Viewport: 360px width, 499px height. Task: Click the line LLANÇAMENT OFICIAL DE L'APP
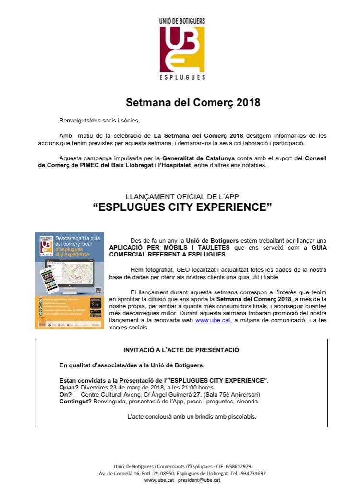coord(182,196)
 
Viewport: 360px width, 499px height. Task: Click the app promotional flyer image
coord(69,281)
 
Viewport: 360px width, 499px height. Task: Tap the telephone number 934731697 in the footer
coord(252,473)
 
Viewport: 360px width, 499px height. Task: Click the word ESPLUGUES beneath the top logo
coord(182,77)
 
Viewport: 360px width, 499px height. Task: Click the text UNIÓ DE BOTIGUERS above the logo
coord(182,21)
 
